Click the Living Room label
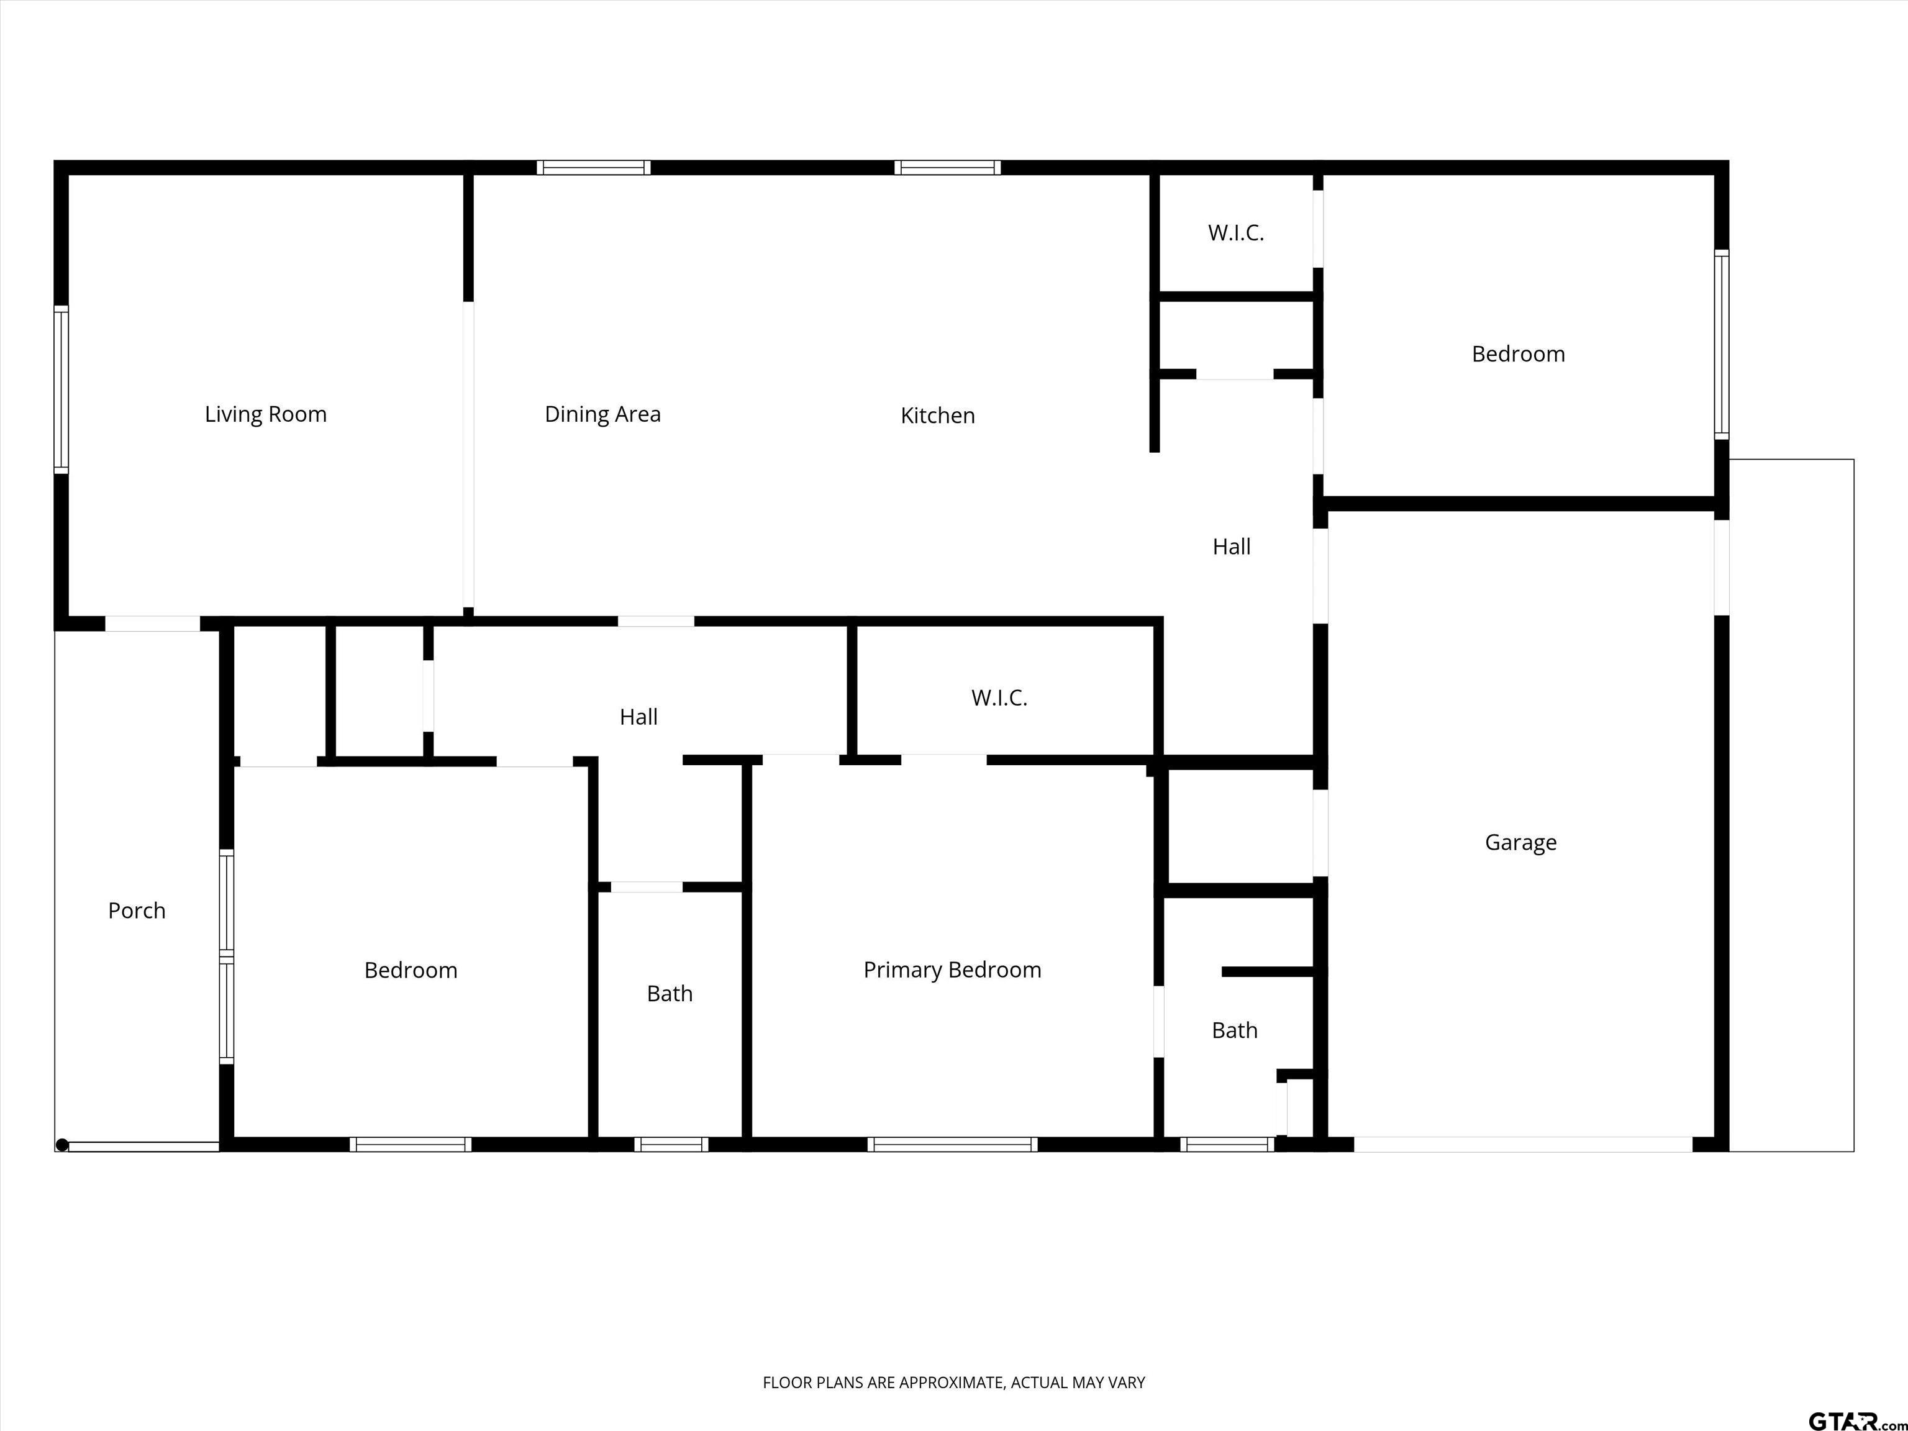tap(266, 415)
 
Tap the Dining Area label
tap(603, 415)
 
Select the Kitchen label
tap(938, 416)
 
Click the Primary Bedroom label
tap(952, 970)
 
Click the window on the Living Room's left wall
tap(60, 389)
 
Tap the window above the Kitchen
tap(947, 167)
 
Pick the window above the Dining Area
tap(593, 167)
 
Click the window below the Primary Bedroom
tap(952, 1145)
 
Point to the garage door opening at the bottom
tap(1524, 1145)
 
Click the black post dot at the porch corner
tap(62, 1145)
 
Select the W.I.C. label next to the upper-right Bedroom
tap(1236, 233)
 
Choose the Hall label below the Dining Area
tap(638, 717)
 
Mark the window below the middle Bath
tap(671, 1145)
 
